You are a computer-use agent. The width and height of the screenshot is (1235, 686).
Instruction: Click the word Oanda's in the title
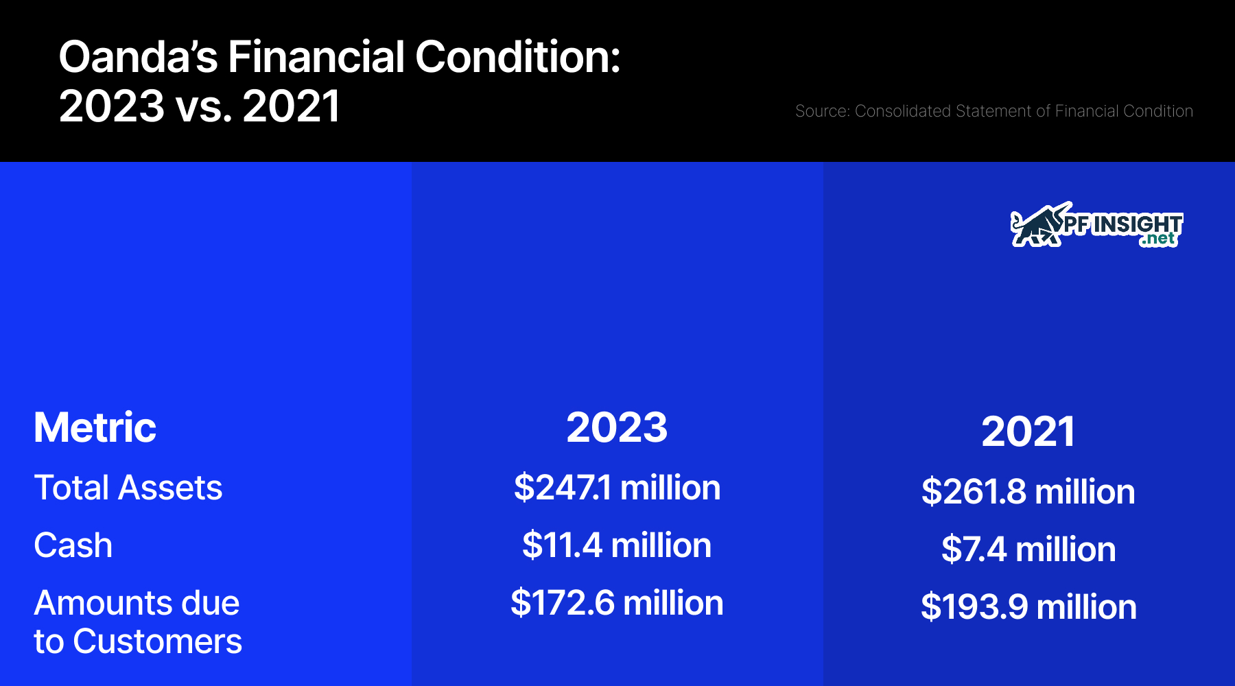(x=139, y=57)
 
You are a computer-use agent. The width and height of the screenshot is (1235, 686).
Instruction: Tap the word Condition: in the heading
(x=518, y=57)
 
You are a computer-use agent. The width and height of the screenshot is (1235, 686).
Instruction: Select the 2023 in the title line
(x=112, y=106)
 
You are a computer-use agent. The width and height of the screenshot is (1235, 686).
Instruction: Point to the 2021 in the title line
(x=292, y=106)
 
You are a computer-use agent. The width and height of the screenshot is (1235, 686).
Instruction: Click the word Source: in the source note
(x=823, y=111)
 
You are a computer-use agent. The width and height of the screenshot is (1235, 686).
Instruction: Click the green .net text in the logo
(x=1159, y=239)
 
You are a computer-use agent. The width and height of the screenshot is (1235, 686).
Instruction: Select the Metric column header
(x=95, y=427)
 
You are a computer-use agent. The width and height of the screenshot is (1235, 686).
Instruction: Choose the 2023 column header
(x=617, y=427)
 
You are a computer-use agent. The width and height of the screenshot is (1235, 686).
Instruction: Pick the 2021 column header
(x=1028, y=431)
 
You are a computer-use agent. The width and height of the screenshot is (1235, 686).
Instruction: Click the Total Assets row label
(x=128, y=488)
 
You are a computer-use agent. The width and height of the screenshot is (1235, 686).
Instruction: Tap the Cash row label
(x=73, y=545)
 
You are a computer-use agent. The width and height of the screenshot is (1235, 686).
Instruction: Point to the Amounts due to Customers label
(x=138, y=622)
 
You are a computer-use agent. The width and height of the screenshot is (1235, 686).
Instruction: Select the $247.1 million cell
(x=617, y=488)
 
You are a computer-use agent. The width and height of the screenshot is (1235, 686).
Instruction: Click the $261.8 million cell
(x=1028, y=492)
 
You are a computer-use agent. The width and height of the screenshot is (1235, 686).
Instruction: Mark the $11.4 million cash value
(x=617, y=545)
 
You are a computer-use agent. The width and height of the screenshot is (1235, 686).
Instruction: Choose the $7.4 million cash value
(x=1028, y=549)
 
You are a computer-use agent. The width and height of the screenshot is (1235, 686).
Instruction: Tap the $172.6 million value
(x=617, y=603)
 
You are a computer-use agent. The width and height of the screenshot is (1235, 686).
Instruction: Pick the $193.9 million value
(x=1028, y=607)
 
